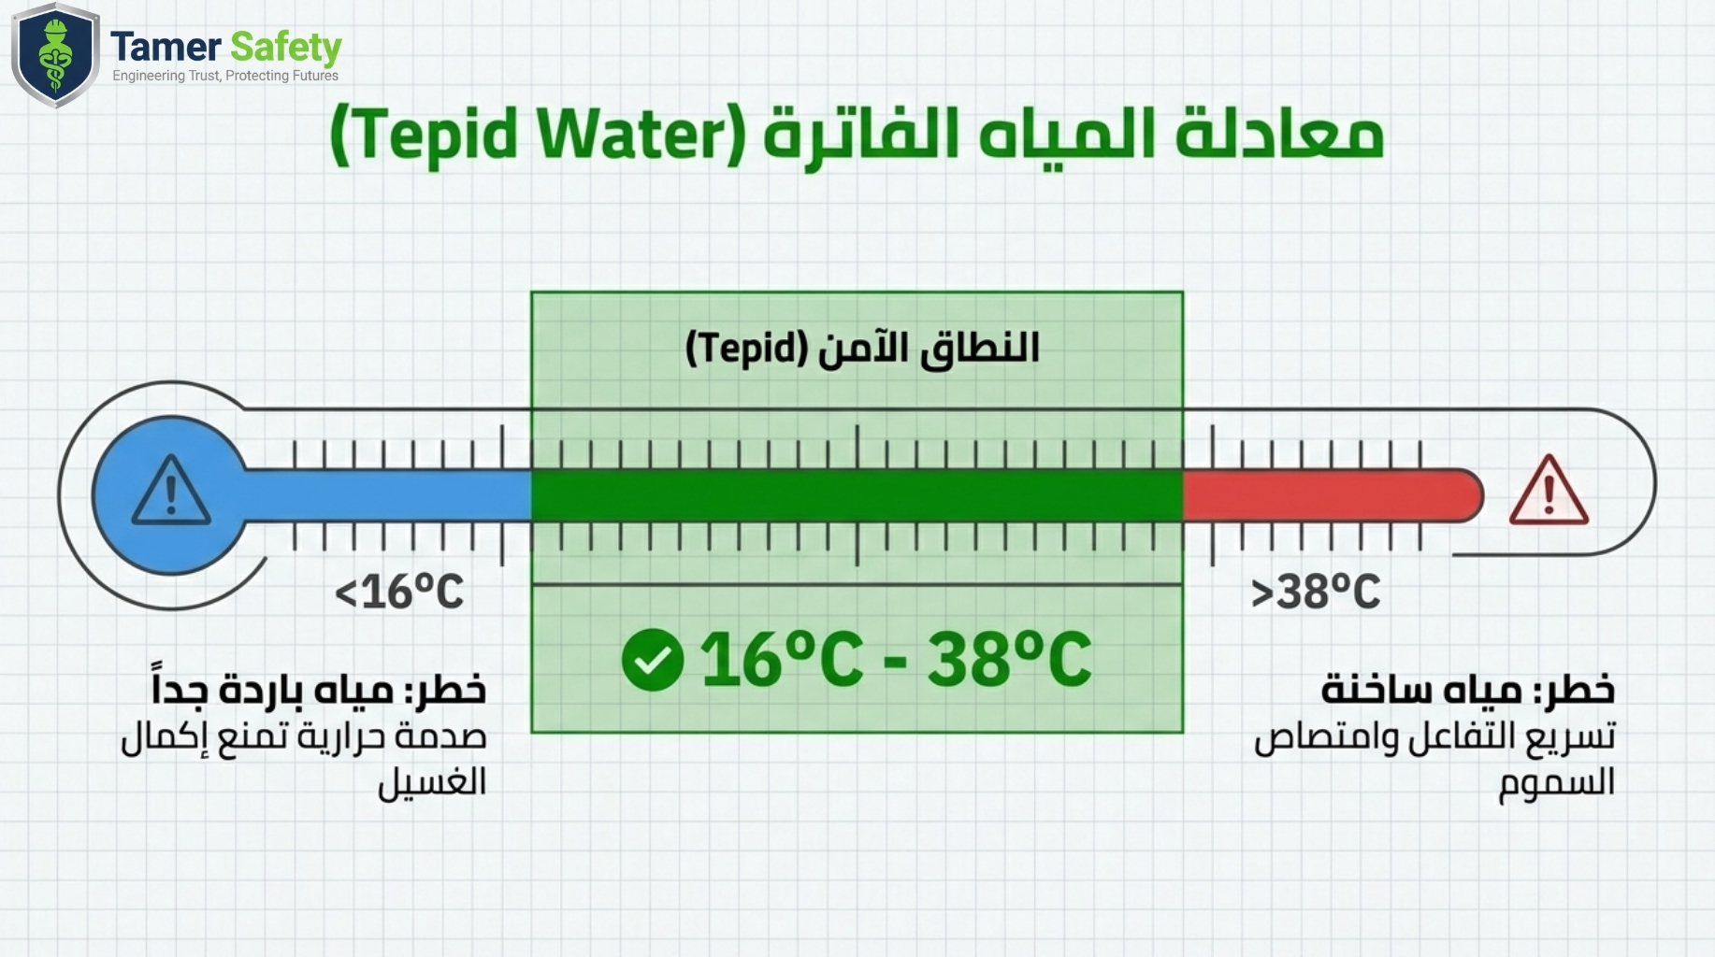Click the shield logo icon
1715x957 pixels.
pyautogui.click(x=55, y=55)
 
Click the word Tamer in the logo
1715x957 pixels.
pyautogui.click(x=166, y=47)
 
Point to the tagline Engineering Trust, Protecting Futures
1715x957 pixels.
pyautogui.click(x=225, y=76)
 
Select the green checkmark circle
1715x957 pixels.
pyautogui.click(x=652, y=660)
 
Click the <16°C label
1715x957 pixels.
pyautogui.click(x=399, y=593)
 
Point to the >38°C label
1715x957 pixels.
pyautogui.click(x=1315, y=593)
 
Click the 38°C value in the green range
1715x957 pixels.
pyautogui.click(x=1009, y=660)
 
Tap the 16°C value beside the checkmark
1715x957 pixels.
pyautogui.click(x=782, y=660)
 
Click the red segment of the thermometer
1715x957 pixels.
pyautogui.click(x=1333, y=495)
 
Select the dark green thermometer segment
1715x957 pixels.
pyautogui.click(x=857, y=495)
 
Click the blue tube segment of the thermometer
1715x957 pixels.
pyautogui.click(x=387, y=495)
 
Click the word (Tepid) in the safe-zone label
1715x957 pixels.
pyautogui.click(x=746, y=349)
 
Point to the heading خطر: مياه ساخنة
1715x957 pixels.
pyautogui.click(x=1467, y=690)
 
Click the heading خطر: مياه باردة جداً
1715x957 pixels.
pyautogui.click(x=319, y=686)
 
